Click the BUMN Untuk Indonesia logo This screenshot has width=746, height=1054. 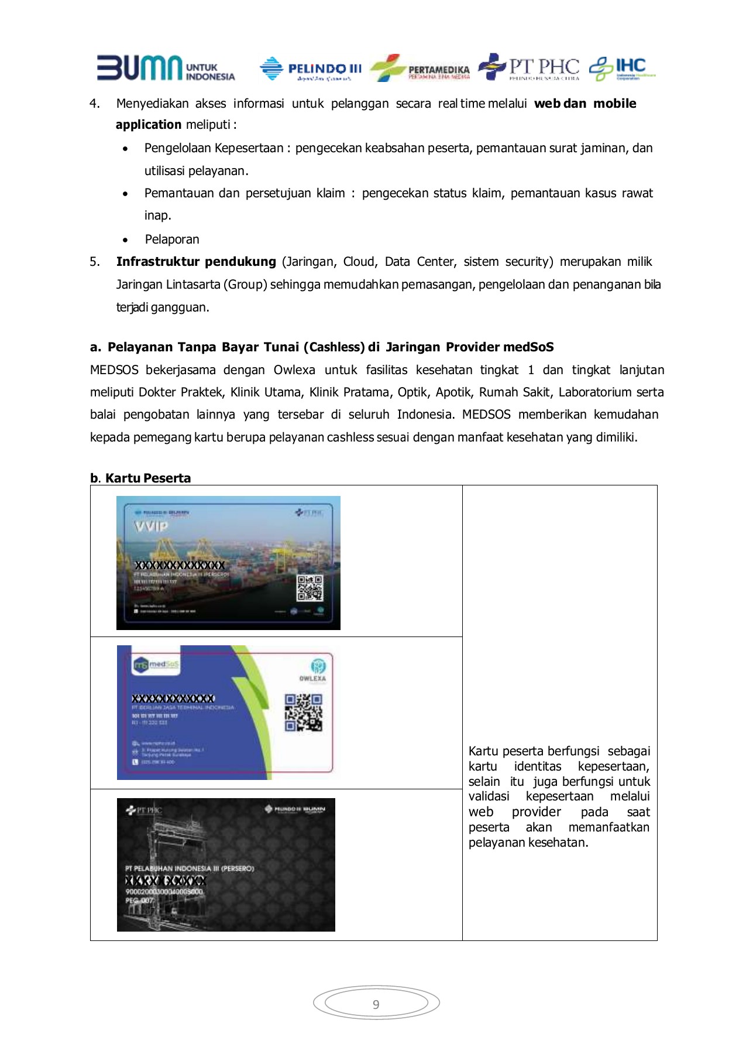(x=166, y=68)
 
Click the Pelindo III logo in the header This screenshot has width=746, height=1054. (x=311, y=69)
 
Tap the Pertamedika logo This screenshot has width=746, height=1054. (x=420, y=69)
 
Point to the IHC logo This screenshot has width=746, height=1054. (x=621, y=69)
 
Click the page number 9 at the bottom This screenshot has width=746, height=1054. (x=376, y=1004)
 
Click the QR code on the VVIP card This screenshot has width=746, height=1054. (x=310, y=588)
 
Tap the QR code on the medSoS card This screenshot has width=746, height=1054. (x=303, y=712)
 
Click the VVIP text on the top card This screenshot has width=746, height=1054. (x=151, y=526)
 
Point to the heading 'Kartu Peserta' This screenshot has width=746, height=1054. (x=147, y=478)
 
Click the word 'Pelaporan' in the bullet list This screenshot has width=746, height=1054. (x=172, y=239)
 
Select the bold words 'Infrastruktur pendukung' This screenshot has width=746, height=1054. (x=196, y=262)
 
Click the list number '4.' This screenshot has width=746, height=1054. (x=95, y=104)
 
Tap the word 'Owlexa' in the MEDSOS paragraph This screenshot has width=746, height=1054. (x=294, y=370)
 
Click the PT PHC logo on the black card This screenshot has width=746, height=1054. (x=144, y=810)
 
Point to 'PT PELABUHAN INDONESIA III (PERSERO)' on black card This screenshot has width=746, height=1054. (x=190, y=868)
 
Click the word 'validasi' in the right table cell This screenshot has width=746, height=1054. (x=489, y=796)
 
